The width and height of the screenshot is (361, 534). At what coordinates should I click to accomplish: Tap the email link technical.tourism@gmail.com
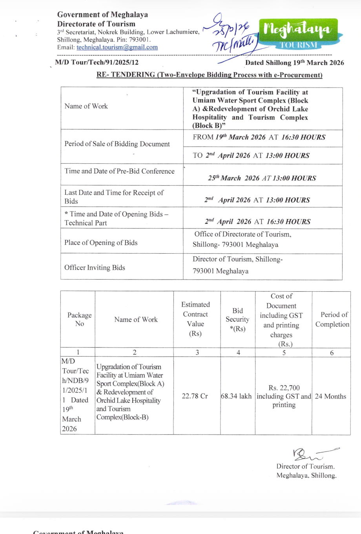pyautogui.click(x=117, y=48)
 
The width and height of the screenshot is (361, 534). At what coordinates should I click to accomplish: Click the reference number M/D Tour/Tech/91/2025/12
pyautogui.click(x=97, y=62)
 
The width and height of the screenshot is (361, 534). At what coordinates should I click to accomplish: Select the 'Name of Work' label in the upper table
pyautogui.click(x=86, y=106)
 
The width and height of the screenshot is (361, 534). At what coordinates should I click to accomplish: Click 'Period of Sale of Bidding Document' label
pyautogui.click(x=117, y=144)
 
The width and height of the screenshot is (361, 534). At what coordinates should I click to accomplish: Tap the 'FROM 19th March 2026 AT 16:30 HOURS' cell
pyautogui.click(x=259, y=137)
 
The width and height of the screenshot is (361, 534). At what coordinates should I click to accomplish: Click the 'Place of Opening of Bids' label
pyautogui.click(x=101, y=243)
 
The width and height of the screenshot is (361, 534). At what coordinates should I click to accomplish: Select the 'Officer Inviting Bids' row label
pyautogui.click(x=95, y=267)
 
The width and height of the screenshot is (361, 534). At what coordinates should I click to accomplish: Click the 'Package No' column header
pyautogui.click(x=79, y=319)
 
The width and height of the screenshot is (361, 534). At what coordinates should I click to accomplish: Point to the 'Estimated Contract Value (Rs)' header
pyautogui.click(x=195, y=319)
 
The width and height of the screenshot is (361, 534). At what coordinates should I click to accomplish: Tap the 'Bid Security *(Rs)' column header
pyautogui.click(x=237, y=319)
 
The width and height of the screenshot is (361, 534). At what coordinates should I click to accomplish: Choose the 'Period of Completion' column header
pyautogui.click(x=332, y=319)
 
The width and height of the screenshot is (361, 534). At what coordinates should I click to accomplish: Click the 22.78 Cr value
pyautogui.click(x=195, y=396)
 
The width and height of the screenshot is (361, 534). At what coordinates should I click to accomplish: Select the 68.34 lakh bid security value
pyautogui.click(x=236, y=396)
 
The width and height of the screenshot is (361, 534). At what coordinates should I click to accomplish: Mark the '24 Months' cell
pyautogui.click(x=330, y=396)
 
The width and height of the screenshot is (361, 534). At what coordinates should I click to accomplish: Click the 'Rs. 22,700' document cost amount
pyautogui.click(x=284, y=388)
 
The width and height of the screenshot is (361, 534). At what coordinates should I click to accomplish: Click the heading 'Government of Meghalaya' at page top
pyautogui.click(x=102, y=15)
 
